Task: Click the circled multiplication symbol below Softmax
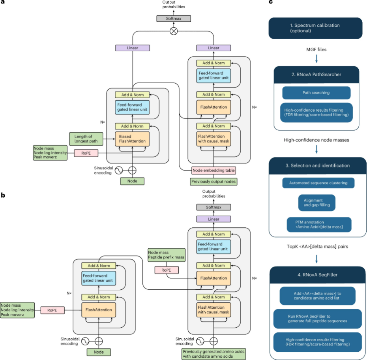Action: click(x=173, y=31)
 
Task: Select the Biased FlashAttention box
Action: click(x=132, y=139)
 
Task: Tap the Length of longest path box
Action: click(x=86, y=139)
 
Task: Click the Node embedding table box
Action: click(x=213, y=171)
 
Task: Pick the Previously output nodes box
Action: click(x=213, y=182)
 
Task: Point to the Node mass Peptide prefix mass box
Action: click(x=167, y=255)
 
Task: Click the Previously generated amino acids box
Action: click(x=214, y=354)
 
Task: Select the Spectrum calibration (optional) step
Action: click(x=315, y=28)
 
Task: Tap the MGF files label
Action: click(x=316, y=50)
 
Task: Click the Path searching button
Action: click(x=316, y=93)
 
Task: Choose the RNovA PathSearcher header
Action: click(x=316, y=75)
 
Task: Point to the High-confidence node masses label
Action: click(x=316, y=140)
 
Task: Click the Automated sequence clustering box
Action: click(x=318, y=183)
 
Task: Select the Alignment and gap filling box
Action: click(x=316, y=203)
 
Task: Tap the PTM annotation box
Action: click(x=319, y=225)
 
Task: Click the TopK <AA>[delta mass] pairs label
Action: click(x=317, y=246)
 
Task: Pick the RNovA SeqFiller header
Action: click(x=317, y=275)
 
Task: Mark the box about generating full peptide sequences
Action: click(x=317, y=319)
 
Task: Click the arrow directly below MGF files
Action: click(x=316, y=59)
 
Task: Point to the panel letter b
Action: click(x=3, y=195)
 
